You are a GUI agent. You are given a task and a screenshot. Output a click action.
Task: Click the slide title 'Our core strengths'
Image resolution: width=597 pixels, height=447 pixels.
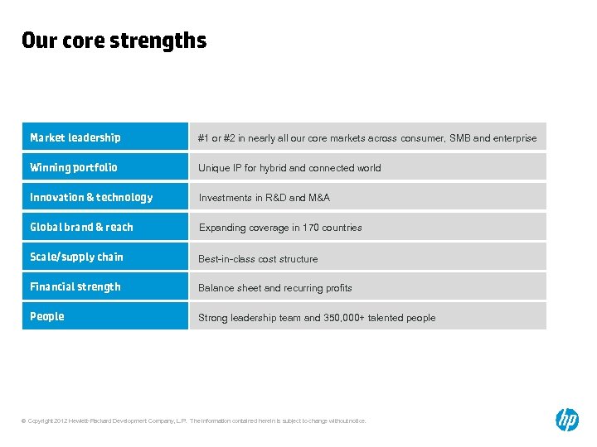pos(114,41)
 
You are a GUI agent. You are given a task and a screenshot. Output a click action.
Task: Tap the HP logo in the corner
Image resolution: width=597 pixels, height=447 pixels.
pos(567,420)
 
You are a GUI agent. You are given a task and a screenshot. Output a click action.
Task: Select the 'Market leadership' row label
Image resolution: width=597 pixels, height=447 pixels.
pos(75,137)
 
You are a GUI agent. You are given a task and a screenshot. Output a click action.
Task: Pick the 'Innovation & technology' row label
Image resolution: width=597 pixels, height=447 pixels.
pos(91,197)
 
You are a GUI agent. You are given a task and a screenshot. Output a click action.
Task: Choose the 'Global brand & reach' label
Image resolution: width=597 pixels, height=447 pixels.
pos(81,227)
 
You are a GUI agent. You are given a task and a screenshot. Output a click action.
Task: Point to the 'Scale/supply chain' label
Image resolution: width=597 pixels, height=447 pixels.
pos(76,257)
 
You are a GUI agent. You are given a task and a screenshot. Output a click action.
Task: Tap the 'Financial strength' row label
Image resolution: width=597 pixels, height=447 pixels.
pos(75,286)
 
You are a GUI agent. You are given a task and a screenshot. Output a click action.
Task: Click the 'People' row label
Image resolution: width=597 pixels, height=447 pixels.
pos(47,316)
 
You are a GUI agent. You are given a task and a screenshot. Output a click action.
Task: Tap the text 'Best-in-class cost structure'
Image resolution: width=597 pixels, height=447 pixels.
pos(258,259)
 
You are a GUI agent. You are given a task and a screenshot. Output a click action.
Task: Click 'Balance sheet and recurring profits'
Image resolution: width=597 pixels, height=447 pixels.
pos(275,288)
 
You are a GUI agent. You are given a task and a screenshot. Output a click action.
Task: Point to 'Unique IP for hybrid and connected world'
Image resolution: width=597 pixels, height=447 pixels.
pos(289,168)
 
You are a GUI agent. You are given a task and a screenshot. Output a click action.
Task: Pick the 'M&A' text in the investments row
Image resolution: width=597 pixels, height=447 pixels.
pos(319,198)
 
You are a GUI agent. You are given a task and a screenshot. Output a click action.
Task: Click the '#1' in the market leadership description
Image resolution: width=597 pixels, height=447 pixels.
pos(203,138)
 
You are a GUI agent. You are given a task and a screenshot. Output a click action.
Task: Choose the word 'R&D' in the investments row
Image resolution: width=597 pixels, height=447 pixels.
pos(275,198)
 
